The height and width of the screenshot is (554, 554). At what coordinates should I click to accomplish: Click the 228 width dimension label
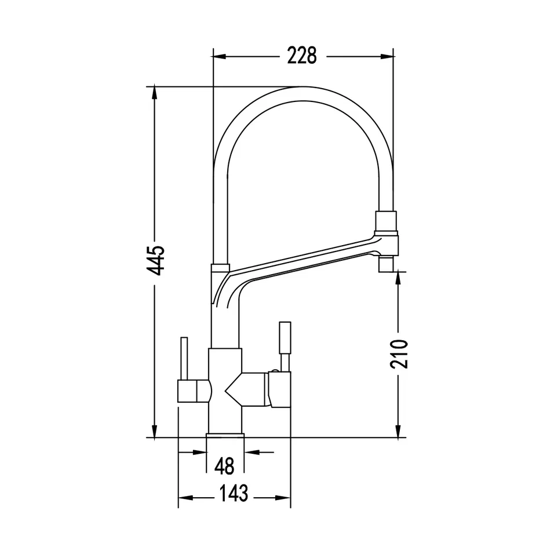(302, 56)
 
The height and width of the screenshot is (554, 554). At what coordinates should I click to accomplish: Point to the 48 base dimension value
(224, 466)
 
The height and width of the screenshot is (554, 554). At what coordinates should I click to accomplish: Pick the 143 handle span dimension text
(234, 493)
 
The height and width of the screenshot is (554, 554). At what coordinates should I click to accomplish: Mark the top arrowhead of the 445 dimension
(154, 93)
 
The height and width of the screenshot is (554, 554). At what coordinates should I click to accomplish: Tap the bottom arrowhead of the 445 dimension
(154, 431)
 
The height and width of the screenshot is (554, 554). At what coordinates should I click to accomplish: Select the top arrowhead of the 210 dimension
(399, 278)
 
